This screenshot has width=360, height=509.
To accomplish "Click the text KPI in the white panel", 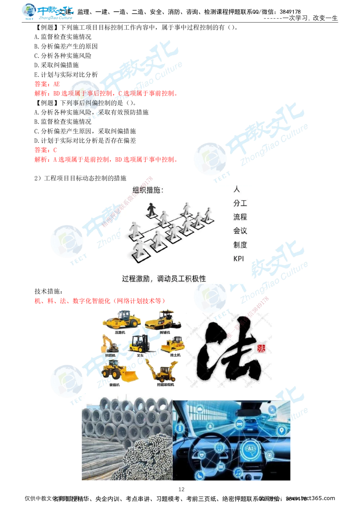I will click(x=238, y=258).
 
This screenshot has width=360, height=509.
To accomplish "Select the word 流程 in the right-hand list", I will click(x=240, y=217).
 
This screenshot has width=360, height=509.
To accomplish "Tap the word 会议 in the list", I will click(x=240, y=231).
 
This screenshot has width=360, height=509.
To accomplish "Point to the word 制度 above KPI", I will click(x=240, y=245).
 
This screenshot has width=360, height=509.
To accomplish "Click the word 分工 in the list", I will click(x=240, y=203).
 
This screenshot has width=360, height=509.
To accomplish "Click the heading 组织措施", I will click(x=148, y=190).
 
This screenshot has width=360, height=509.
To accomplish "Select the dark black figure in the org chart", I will click(x=151, y=210).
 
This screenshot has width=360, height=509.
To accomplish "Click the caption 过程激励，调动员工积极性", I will click(x=164, y=278).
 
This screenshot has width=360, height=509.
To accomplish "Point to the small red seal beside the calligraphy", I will click(x=261, y=348).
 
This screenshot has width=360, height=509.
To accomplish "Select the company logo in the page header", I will click(x=47, y=12).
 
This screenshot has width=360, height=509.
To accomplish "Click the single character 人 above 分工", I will click(x=237, y=189).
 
